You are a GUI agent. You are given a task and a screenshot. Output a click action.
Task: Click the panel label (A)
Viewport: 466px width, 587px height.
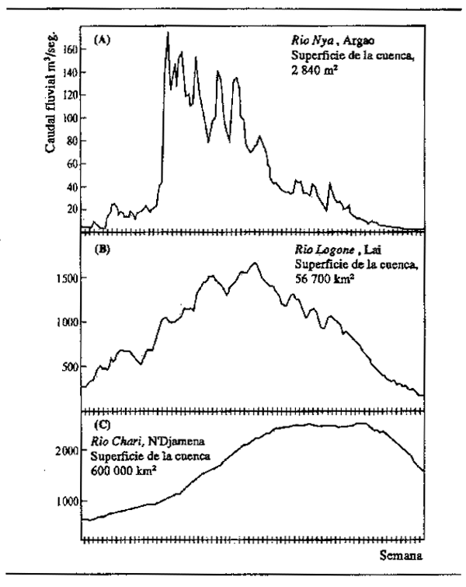coord(100,37)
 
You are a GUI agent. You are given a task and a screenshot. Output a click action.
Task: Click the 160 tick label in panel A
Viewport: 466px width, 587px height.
coord(71,48)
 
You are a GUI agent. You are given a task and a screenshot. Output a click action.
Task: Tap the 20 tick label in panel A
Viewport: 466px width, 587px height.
coord(74,209)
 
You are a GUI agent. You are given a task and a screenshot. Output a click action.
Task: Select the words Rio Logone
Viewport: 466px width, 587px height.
coord(318,252)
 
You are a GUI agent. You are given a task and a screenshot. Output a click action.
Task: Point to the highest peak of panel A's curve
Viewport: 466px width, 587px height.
coord(167,33)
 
